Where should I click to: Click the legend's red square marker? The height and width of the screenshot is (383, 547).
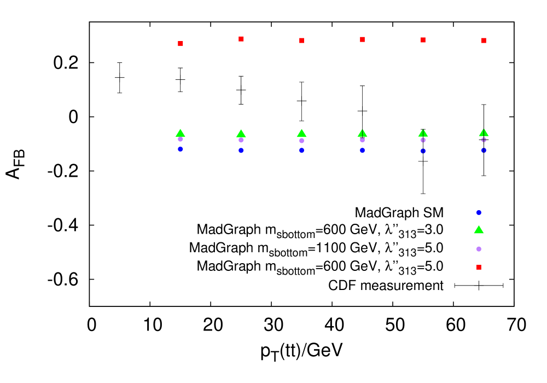pyautogui.click(x=479, y=267)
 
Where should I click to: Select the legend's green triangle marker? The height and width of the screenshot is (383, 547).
pyautogui.click(x=479, y=230)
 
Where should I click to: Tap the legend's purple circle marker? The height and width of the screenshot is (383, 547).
pyautogui.click(x=479, y=249)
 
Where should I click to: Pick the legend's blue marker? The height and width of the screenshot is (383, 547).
pyautogui.click(x=479, y=212)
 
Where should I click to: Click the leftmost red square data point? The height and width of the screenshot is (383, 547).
pyautogui.click(x=181, y=43)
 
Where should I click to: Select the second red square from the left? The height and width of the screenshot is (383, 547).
pyautogui.click(x=241, y=39)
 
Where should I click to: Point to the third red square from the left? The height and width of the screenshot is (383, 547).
pyautogui.click(x=301, y=40)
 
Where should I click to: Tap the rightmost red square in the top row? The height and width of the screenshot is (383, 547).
pyautogui.click(x=484, y=40)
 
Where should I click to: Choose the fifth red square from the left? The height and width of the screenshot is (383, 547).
pyautogui.click(x=423, y=40)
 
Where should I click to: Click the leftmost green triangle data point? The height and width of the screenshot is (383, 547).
pyautogui.click(x=181, y=133)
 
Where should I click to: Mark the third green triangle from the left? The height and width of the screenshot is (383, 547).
pyautogui.click(x=301, y=134)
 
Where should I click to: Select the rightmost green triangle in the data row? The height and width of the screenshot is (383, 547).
pyautogui.click(x=484, y=133)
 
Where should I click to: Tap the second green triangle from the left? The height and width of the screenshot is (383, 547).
pyautogui.click(x=241, y=134)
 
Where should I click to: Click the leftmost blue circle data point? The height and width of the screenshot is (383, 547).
pyautogui.click(x=181, y=149)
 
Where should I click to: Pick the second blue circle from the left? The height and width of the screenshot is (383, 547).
pyautogui.click(x=241, y=150)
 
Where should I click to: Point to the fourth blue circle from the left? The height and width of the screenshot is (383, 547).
pyautogui.click(x=362, y=150)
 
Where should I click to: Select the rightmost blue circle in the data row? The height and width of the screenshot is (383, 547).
pyautogui.click(x=484, y=150)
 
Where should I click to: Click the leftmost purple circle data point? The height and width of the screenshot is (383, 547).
pyautogui.click(x=181, y=139)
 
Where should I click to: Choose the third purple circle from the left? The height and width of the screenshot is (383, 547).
pyautogui.click(x=301, y=141)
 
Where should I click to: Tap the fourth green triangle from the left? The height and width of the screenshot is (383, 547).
pyautogui.click(x=362, y=133)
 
